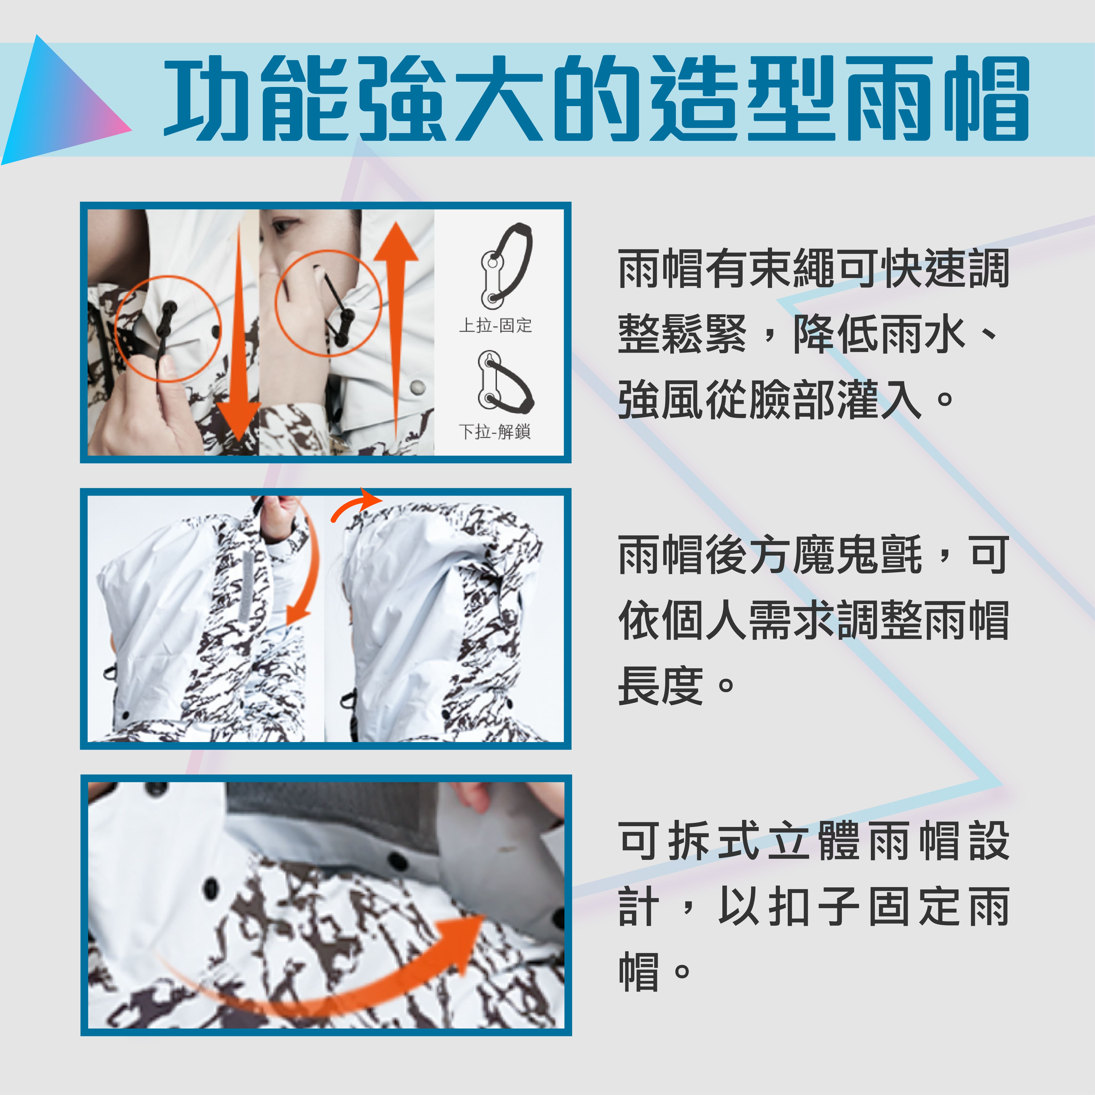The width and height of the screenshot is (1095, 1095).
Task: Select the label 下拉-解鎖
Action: tap(495, 432)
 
